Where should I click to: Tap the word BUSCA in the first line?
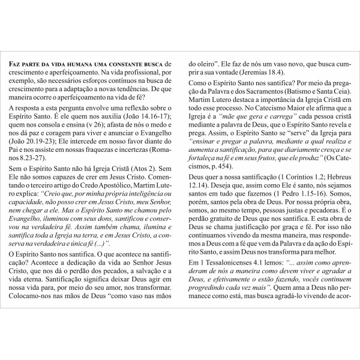pos(152,64)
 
